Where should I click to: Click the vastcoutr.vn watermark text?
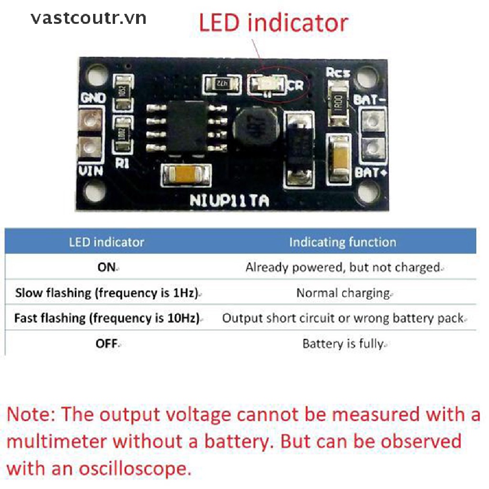[88, 18]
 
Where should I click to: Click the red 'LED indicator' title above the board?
[273, 23]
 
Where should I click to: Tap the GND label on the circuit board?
[93, 98]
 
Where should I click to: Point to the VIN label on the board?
[91, 170]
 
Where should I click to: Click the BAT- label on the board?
[367, 101]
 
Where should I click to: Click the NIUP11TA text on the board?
[229, 200]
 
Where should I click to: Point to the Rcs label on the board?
[338, 73]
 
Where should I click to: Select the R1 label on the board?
[122, 163]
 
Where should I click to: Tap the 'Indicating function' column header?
[342, 242]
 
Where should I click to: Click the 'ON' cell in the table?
[106, 267]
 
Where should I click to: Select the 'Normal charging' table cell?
[343, 293]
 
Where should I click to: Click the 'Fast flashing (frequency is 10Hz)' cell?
[106, 318]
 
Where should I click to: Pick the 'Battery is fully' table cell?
[343, 343]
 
